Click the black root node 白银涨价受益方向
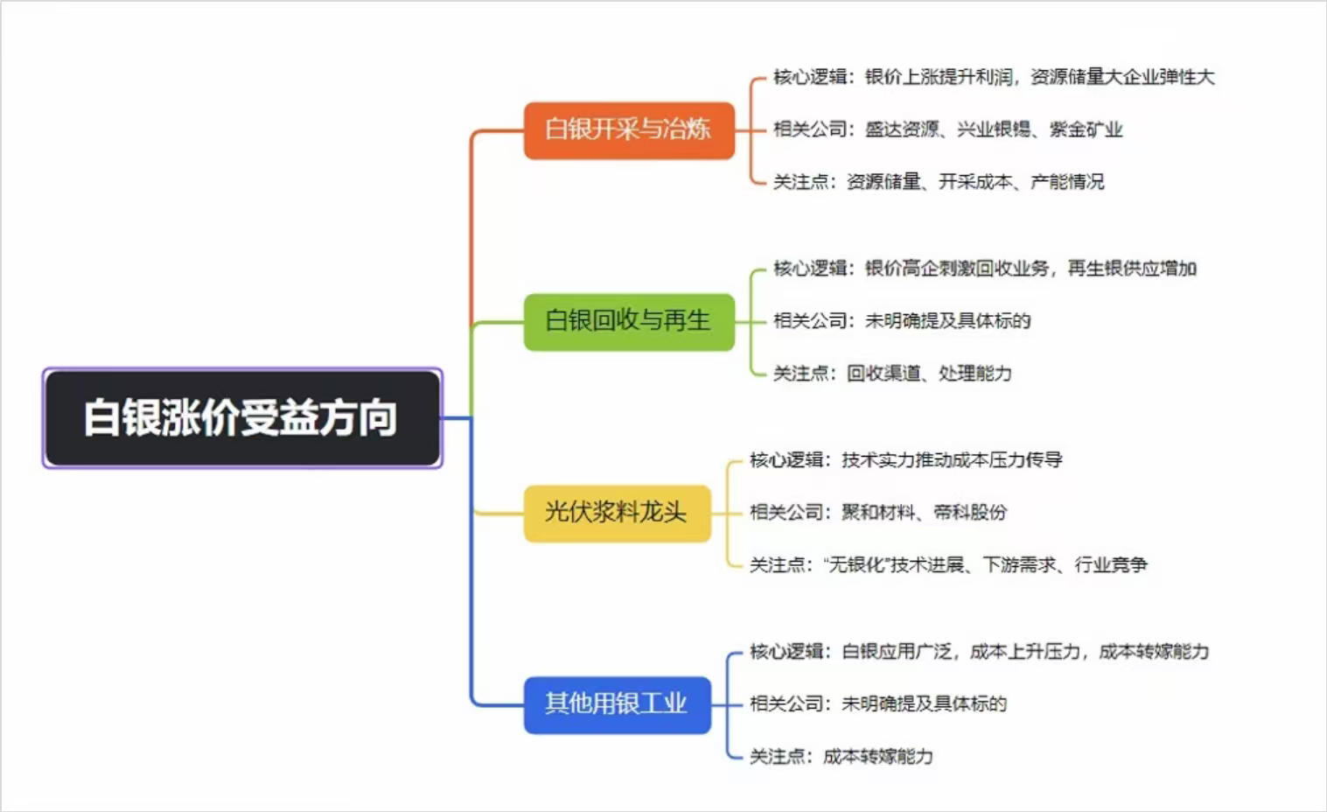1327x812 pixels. pos(242,418)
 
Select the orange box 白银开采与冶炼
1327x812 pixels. pos(629,130)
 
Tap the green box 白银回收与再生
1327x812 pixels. pos(629,322)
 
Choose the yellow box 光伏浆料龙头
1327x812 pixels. pos(618,514)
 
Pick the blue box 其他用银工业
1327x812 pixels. pos(618,704)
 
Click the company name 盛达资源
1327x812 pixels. pos(902,129)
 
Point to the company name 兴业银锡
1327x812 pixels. pos(994,129)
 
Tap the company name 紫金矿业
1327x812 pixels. pos(1086,129)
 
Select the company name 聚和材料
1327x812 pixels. pos(878,512)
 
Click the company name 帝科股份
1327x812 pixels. pos(970,512)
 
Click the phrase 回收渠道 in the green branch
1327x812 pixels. pos(884,374)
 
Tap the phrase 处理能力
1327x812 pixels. pos(975,374)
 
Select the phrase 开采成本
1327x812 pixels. pos(975,181)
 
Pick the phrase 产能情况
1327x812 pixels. pos(1067,181)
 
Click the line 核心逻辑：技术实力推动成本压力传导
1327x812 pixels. pos(905,460)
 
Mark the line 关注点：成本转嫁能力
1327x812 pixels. pos(842,756)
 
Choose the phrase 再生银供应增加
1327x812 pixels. pos(1132,269)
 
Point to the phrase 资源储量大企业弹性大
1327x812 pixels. pos(1122,77)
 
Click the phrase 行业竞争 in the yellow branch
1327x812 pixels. pos(1111,564)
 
